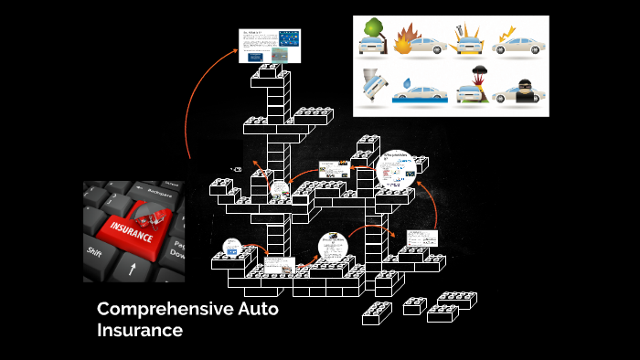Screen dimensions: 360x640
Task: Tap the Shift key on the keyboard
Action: (93, 250)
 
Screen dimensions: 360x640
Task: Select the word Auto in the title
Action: (257, 310)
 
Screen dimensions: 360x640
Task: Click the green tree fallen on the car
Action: (372, 31)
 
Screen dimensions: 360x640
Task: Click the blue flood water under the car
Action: (421, 101)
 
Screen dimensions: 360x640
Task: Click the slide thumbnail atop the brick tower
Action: (270, 46)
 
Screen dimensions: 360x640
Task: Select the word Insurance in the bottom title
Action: (140, 330)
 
